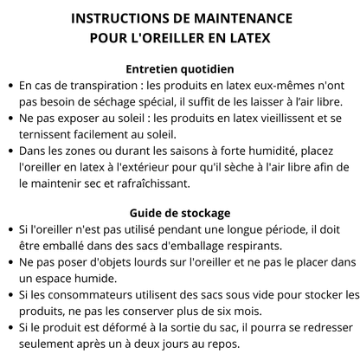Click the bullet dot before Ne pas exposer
pyautogui.click(x=9, y=119)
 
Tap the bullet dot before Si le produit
pyautogui.click(x=9, y=328)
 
